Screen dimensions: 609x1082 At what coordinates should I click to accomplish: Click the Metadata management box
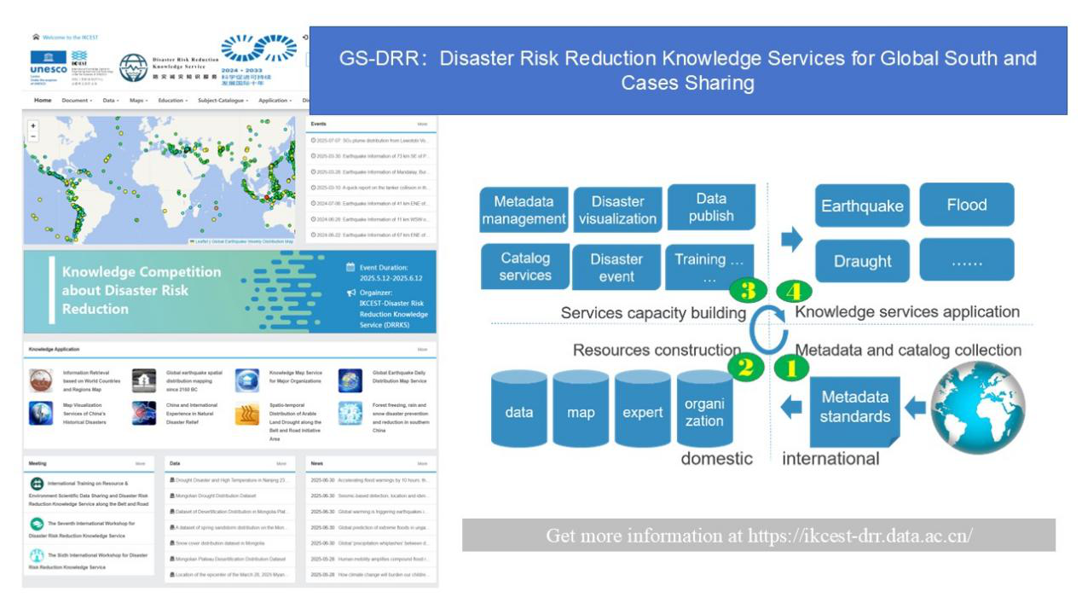[524, 210]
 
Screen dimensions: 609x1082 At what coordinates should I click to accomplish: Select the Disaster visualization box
[617, 210]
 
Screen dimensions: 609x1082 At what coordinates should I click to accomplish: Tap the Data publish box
[711, 207]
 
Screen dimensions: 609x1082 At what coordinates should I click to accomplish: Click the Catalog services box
[525, 266]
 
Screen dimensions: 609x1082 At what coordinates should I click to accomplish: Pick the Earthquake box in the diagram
[862, 206]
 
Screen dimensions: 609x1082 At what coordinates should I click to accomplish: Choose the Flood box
[966, 205]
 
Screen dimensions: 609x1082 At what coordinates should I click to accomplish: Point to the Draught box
[862, 261]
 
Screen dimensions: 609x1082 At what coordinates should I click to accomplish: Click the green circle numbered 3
[748, 290]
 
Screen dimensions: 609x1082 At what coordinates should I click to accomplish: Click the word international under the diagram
[830, 459]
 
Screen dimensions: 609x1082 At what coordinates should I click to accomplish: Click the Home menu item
[43, 101]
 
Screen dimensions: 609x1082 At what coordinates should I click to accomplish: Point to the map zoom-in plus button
[33, 125]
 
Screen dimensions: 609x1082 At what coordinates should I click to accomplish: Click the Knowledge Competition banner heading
[141, 290]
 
